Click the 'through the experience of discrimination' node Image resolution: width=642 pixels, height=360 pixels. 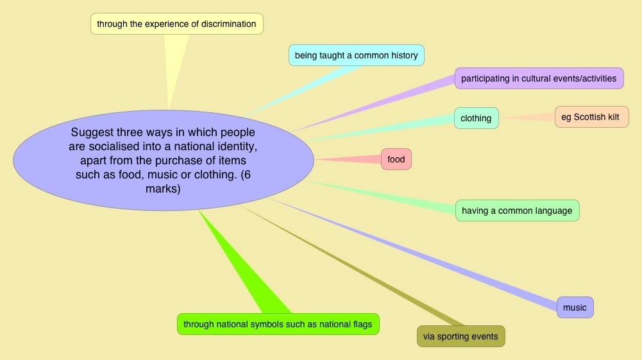[176, 24]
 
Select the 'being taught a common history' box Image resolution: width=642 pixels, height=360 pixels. [356, 55]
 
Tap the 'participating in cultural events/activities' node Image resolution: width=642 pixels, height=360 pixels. [539, 78]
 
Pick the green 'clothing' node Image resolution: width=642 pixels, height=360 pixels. [476, 118]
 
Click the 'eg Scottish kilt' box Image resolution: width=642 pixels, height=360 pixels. [591, 117]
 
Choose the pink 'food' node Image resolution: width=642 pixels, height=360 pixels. [396, 159]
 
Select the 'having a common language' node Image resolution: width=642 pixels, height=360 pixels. [517, 210]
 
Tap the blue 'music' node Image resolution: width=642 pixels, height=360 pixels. [575, 307]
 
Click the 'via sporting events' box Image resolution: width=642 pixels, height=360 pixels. [460, 336]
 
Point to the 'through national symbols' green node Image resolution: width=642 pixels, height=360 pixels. [278, 324]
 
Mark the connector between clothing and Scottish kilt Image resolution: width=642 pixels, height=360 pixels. [526, 117]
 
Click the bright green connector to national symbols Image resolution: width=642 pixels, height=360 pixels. [244, 263]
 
